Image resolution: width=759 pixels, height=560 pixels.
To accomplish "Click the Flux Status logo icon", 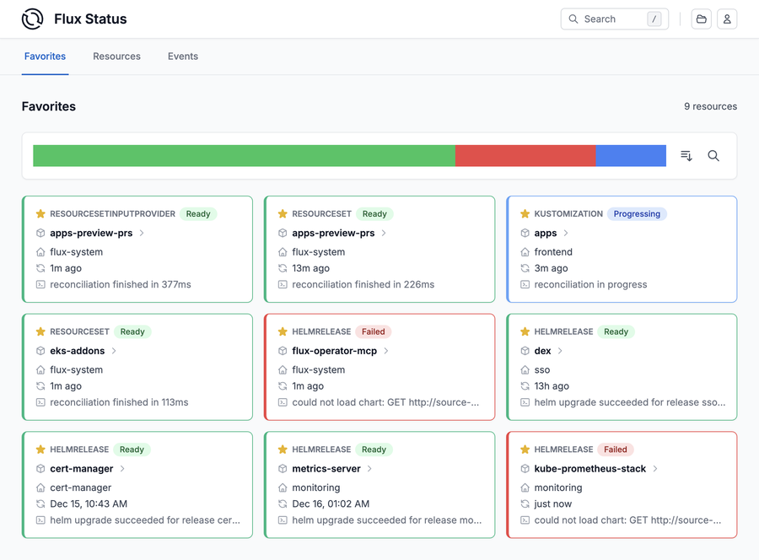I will (x=33, y=19).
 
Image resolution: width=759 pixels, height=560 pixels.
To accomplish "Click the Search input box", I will (x=614, y=19).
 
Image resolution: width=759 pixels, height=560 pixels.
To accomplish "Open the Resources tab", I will (x=116, y=57).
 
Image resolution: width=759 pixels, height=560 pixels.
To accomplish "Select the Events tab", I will (x=183, y=57).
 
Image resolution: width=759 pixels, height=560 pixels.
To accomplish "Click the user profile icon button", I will (x=727, y=19).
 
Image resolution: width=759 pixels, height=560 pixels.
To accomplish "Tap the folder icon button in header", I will (x=701, y=19).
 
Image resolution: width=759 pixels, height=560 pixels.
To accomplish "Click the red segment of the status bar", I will (x=525, y=155).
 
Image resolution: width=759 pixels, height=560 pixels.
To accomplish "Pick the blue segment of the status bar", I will (x=631, y=155).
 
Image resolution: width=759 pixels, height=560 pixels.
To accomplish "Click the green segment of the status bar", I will (x=244, y=155).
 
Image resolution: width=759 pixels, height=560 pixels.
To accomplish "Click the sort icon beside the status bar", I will (x=686, y=155).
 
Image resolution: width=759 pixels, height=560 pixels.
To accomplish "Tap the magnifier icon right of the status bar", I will (x=713, y=155).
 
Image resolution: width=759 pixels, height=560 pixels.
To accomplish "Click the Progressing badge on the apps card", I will (x=637, y=214).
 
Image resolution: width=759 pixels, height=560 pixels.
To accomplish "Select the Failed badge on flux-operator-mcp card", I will (x=373, y=331).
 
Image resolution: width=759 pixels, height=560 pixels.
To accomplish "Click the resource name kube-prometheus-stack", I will (x=589, y=469).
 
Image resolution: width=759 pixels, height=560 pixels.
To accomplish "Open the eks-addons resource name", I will (x=78, y=351).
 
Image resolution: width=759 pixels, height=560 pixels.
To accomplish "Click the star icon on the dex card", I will (x=525, y=331).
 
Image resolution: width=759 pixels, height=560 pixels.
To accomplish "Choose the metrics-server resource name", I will (x=326, y=469).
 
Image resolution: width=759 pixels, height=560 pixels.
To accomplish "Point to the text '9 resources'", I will (x=710, y=107).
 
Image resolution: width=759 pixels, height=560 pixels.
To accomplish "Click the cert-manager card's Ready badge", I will (x=132, y=450).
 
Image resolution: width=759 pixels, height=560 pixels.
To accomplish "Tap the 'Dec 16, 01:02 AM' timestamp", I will (x=331, y=503).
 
